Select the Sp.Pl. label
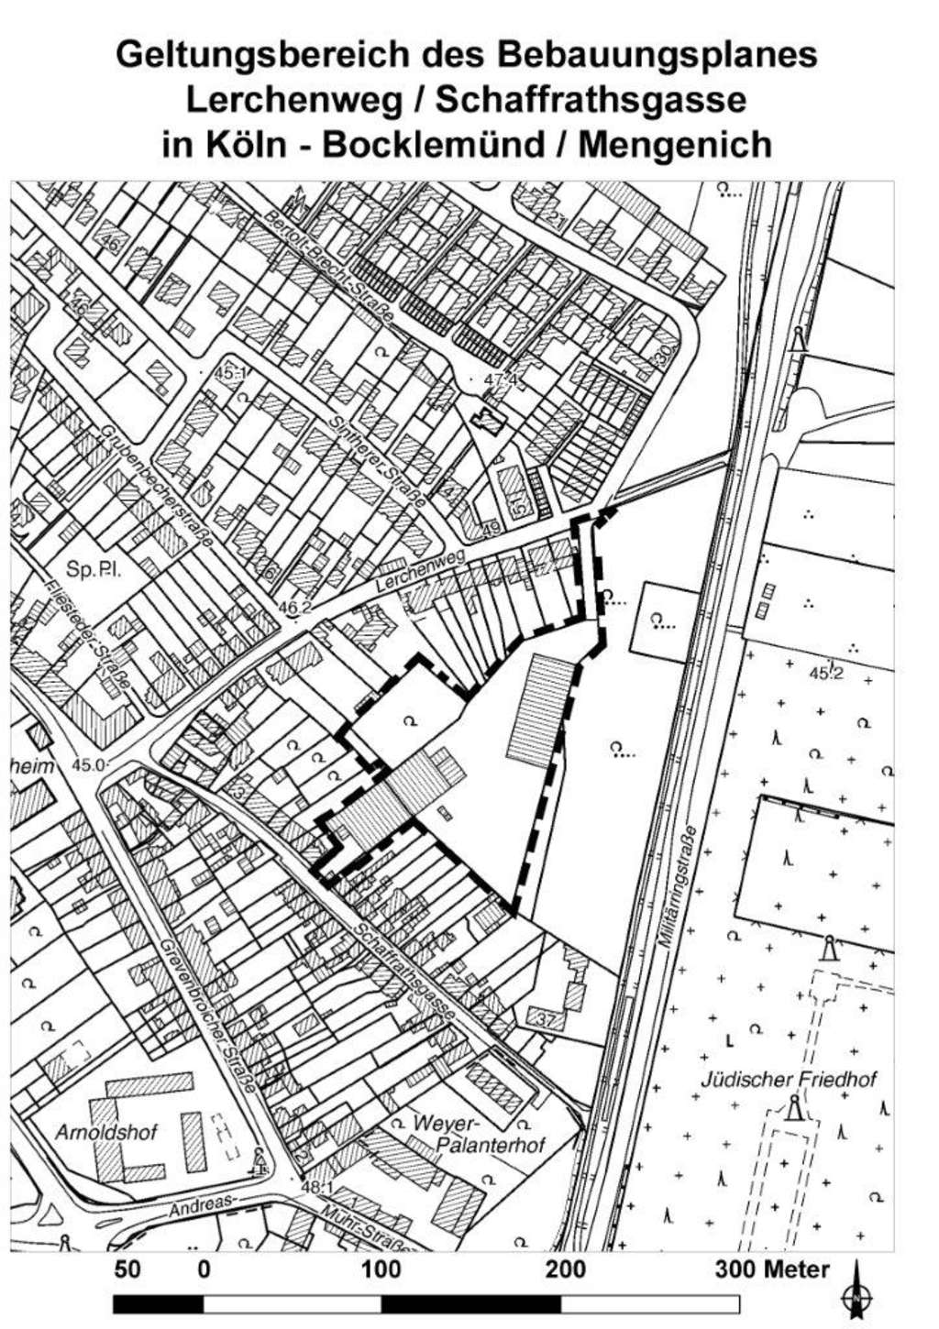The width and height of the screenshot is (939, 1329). (93, 570)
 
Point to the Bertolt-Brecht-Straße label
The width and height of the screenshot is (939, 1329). (328, 266)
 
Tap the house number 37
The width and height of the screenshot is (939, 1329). (547, 1018)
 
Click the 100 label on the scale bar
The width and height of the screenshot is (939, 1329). (382, 1269)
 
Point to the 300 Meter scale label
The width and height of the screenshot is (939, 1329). (772, 1269)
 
